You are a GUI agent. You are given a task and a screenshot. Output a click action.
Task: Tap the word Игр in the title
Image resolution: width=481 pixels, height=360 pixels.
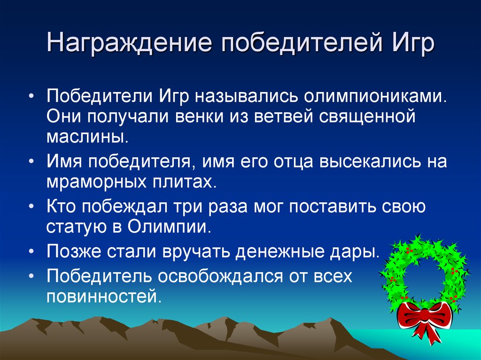tap(412, 43)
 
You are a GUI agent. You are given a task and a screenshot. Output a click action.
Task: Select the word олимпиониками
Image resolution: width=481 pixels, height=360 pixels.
tap(375, 97)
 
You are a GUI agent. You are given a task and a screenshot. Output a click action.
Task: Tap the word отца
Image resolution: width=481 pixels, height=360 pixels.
tap(294, 162)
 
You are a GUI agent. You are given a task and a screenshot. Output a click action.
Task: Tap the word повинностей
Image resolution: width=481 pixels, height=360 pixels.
tap(104, 296)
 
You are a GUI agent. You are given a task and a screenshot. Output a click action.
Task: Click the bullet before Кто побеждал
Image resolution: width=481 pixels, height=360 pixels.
tap(31, 207)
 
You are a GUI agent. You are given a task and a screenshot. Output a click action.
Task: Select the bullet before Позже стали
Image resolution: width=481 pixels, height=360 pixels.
tap(31, 252)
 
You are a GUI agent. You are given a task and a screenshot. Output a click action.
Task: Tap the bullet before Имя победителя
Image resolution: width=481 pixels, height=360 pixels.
tap(31, 161)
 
